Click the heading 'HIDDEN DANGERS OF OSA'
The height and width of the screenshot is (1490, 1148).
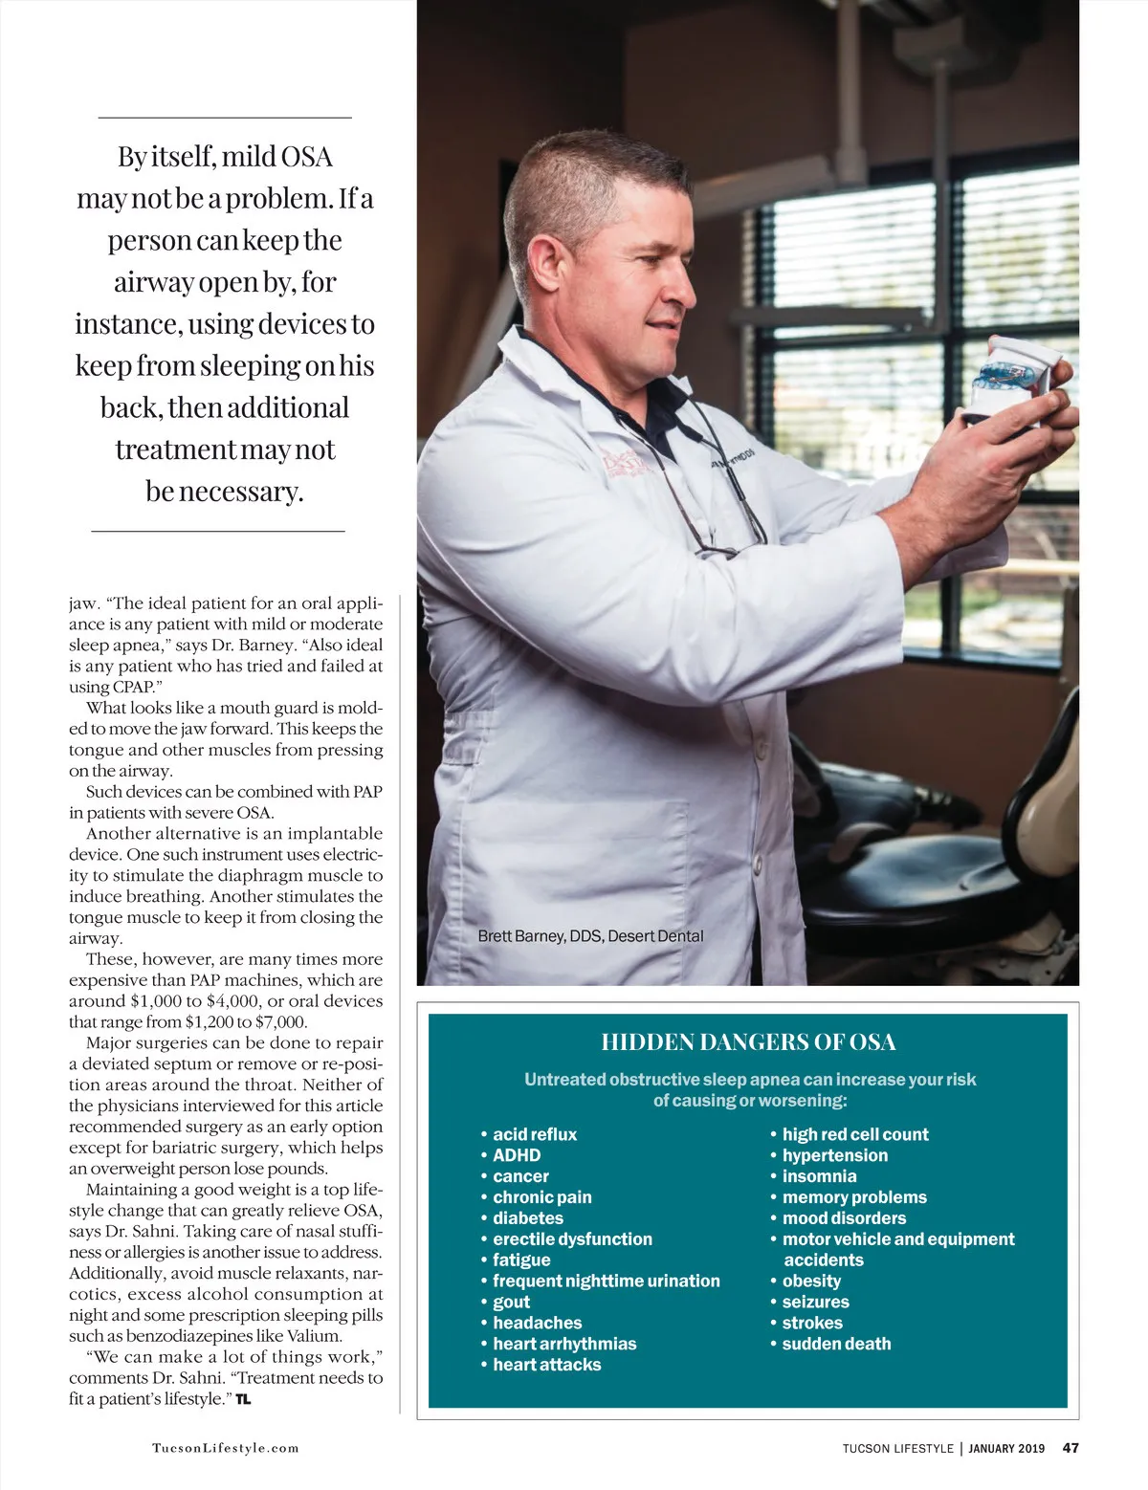pos(748,1041)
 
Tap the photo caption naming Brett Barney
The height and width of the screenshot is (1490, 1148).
pos(590,935)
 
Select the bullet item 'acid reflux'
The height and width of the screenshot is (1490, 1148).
pos(535,1134)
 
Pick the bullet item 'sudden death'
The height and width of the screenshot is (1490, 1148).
pos(836,1344)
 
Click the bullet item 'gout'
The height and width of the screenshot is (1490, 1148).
pos(511,1302)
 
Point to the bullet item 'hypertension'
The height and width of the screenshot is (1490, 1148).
pos(834,1155)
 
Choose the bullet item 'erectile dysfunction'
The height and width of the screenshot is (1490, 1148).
pos(572,1239)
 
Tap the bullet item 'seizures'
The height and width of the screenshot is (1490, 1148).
pos(815,1302)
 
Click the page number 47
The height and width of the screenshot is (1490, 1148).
pos(1071,1448)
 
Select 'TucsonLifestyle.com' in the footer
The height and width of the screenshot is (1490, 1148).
pos(226,1448)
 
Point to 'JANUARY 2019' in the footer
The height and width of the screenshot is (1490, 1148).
pos(1006,1448)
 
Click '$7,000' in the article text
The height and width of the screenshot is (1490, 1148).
pos(281,1022)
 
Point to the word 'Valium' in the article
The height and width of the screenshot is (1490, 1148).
pos(314,1336)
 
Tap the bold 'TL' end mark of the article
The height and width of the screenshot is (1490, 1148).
pos(243,1399)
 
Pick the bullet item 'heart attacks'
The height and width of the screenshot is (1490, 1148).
pos(546,1365)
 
